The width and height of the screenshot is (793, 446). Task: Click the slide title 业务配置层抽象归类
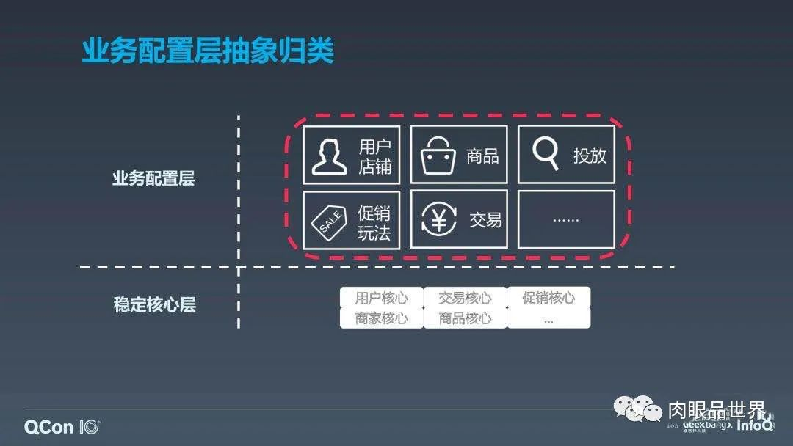(208, 51)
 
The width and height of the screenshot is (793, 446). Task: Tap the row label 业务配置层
(153, 178)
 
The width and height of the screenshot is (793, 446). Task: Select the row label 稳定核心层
(154, 304)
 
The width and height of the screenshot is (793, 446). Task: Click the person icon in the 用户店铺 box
(329, 156)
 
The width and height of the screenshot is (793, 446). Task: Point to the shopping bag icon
(438, 156)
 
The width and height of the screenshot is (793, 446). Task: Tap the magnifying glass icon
(546, 154)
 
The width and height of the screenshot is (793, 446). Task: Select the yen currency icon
(439, 219)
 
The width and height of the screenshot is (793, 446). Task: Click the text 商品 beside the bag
(482, 156)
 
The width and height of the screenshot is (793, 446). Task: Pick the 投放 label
(590, 156)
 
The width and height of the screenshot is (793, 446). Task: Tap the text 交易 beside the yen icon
(485, 219)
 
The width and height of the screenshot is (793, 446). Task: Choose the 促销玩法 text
(374, 223)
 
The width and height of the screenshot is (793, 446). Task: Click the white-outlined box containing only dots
(566, 219)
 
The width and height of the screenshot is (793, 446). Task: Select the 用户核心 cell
(381, 298)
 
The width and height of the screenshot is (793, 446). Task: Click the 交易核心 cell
(465, 298)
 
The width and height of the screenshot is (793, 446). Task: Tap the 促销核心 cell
(548, 297)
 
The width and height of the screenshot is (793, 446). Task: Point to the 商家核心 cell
(381, 318)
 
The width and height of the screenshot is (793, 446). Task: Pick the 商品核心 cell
(465, 318)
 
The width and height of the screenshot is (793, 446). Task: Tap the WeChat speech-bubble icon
(637, 408)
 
